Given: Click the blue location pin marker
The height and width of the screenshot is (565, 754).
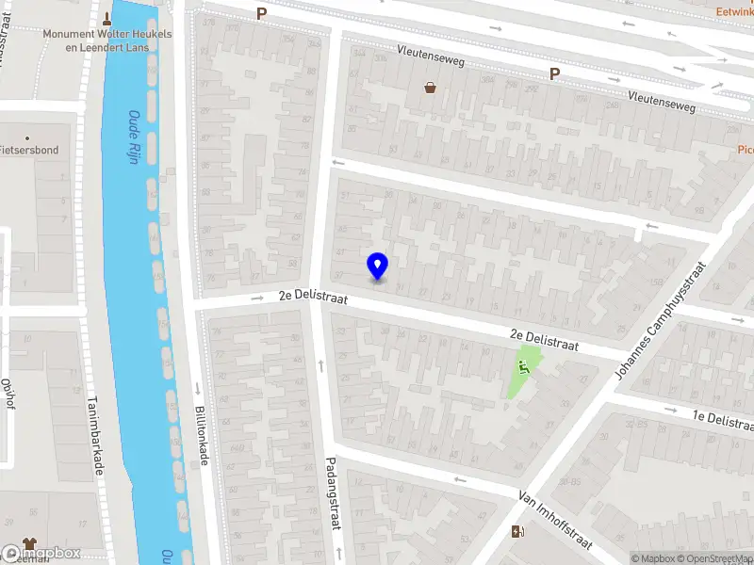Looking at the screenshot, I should (378, 266).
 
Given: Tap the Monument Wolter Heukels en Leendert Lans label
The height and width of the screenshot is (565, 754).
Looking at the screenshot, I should (107, 40).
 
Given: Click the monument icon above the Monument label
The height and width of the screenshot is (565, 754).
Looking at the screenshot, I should (107, 18).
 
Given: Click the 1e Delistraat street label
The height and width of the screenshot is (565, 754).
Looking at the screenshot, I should (723, 419).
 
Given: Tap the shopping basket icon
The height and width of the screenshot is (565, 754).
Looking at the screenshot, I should (431, 88).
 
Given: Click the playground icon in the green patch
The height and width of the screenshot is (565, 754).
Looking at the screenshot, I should (524, 367).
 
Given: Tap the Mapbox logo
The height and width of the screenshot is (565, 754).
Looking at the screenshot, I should (41, 554).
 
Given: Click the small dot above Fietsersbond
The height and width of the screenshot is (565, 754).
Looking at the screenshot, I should (27, 137).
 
